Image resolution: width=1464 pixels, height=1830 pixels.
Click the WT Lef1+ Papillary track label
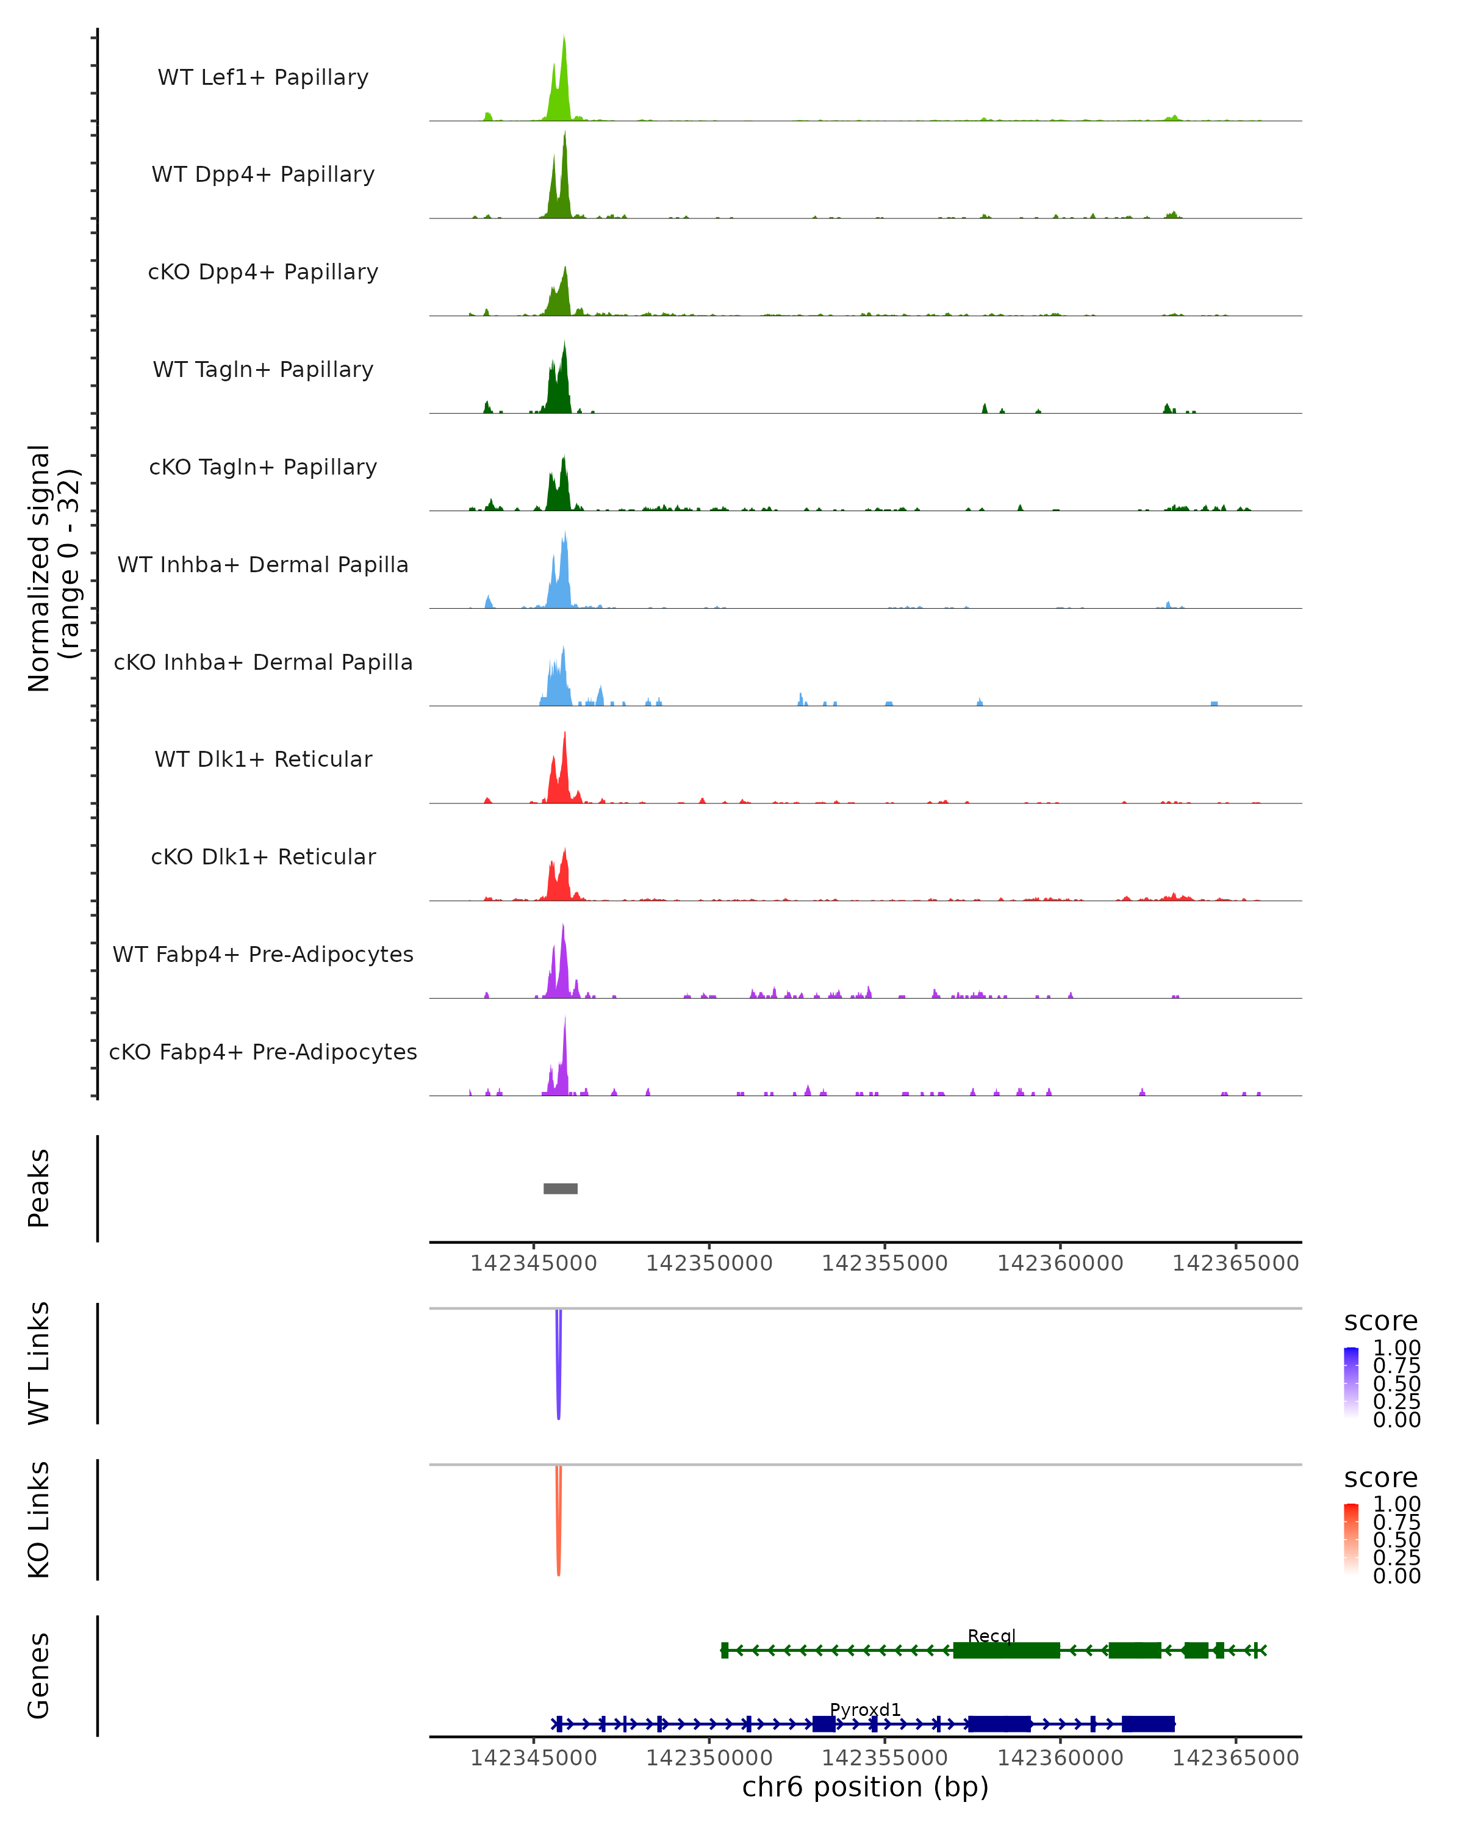(263, 77)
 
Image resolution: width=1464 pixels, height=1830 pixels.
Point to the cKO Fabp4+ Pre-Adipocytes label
(263, 1052)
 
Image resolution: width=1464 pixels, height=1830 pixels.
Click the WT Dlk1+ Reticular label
(263, 759)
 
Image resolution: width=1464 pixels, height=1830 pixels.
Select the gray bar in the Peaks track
(560, 1188)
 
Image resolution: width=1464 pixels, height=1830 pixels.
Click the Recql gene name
(991, 1635)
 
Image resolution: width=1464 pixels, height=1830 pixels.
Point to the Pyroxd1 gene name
(865, 1709)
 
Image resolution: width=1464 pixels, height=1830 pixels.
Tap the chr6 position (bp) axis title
(865, 1787)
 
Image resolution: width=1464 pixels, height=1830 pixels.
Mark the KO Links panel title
(39, 1520)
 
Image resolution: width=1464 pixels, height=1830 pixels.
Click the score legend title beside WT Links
(1380, 1321)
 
